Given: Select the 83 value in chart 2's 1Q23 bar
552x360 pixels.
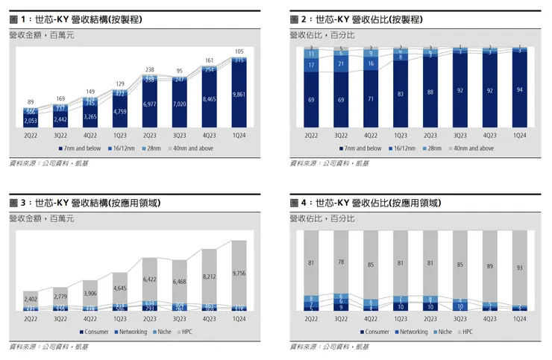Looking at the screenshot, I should click(400, 94).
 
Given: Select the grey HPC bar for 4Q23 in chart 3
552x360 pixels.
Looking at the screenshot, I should click(210, 277).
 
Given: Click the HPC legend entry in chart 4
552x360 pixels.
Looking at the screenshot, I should click(470, 330).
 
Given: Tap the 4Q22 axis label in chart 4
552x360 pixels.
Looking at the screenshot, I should click(370, 318).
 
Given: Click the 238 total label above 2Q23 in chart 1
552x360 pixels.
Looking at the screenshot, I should click(151, 69).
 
